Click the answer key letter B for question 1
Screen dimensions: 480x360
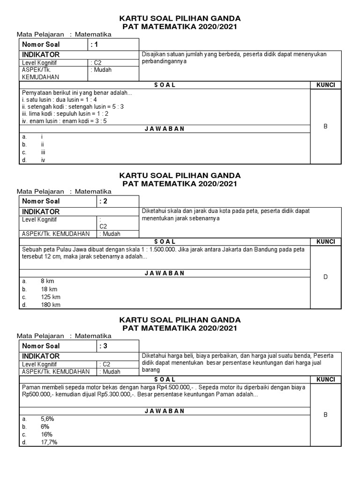point(325,127)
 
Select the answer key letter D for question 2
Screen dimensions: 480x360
point(325,277)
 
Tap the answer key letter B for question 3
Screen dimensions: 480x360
point(325,415)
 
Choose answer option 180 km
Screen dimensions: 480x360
point(51,305)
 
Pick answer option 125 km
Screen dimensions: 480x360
point(51,297)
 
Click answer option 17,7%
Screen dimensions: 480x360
point(49,442)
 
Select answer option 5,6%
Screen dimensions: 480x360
point(48,418)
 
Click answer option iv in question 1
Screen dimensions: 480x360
point(43,160)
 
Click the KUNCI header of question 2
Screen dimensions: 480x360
point(325,241)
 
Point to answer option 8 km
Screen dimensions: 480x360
point(47,281)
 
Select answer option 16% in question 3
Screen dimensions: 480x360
point(46,434)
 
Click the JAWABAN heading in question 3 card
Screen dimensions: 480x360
point(164,411)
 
